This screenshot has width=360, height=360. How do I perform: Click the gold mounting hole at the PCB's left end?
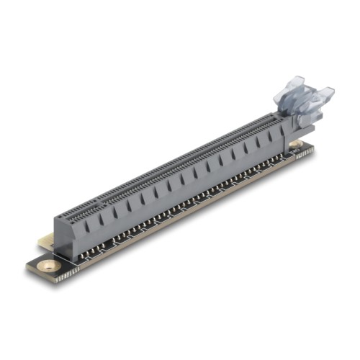click(49, 266)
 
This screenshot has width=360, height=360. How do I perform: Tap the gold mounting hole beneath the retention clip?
click(295, 145)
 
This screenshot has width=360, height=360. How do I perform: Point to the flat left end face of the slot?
click(60, 234)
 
